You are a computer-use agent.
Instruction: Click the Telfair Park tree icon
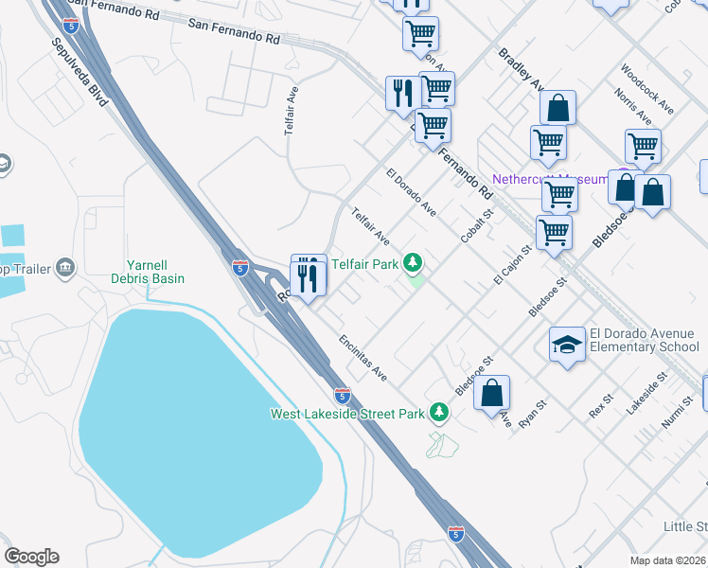[413, 262]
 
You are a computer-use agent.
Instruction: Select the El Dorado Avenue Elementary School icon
[567, 346]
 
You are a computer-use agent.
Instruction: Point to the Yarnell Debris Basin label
[156, 272]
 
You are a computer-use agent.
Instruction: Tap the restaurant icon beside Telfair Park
[308, 275]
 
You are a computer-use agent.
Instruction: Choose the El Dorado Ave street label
[411, 193]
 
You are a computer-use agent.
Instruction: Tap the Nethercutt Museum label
[550, 179]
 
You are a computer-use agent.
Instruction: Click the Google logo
[31, 557]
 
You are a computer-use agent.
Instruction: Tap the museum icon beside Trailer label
[65, 267]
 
